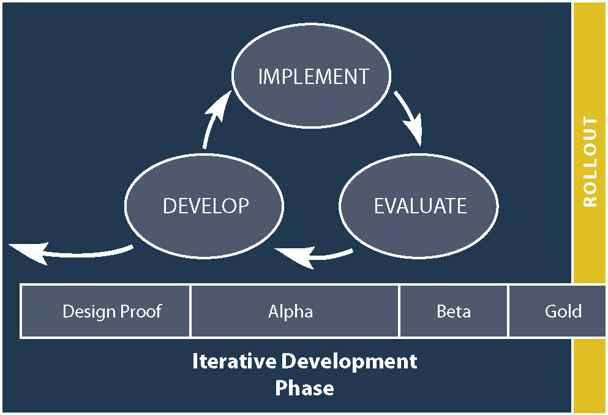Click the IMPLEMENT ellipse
[312, 77]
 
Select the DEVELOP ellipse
[205, 206]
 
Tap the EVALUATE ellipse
[419, 206]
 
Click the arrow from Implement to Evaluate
[409, 117]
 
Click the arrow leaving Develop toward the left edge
[67, 252]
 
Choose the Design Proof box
[106, 311]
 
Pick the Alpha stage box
[295, 311]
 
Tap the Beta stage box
[454, 311]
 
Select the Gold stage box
[557, 311]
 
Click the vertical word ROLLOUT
[590, 162]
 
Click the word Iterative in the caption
[234, 361]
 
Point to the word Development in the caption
[349, 361]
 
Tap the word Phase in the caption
[304, 389]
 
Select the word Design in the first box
[89, 311]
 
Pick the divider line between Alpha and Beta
[399, 311]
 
